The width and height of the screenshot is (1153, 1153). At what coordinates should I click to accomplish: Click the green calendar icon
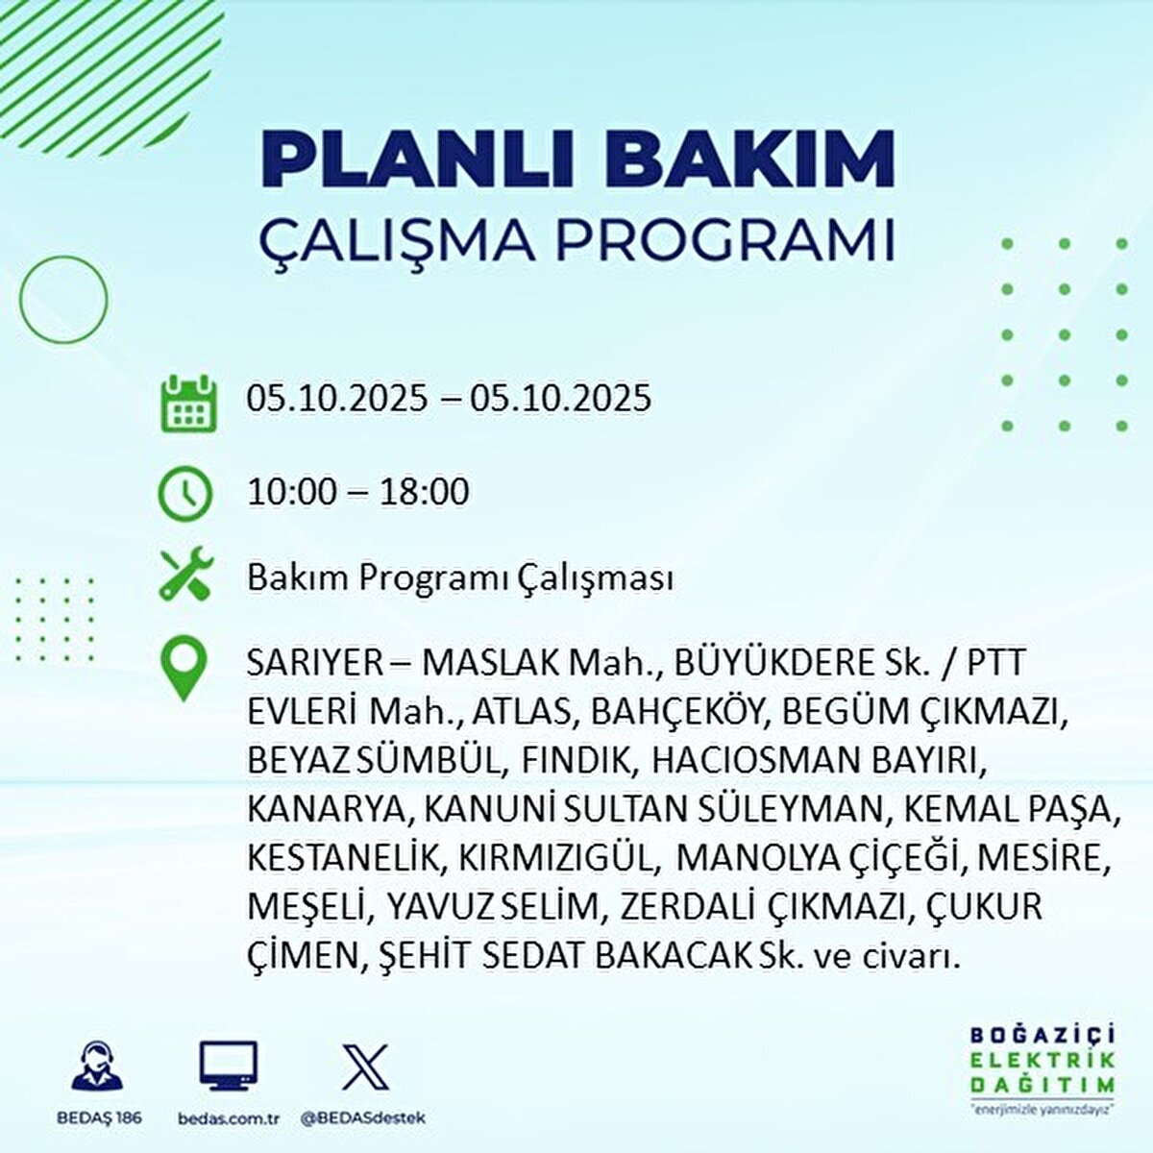click(x=184, y=403)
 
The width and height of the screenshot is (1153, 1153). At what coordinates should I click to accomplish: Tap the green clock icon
click(x=184, y=494)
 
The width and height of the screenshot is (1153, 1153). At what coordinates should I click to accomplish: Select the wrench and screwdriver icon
click(x=184, y=576)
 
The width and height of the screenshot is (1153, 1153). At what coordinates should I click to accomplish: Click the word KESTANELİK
click(x=342, y=858)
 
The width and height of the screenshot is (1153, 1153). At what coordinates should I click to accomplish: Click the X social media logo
click(x=365, y=1067)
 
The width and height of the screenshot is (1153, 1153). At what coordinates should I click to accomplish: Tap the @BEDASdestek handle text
click(x=362, y=1118)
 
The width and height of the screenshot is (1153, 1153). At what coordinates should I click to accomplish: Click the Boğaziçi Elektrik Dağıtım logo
click(x=1042, y=1067)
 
